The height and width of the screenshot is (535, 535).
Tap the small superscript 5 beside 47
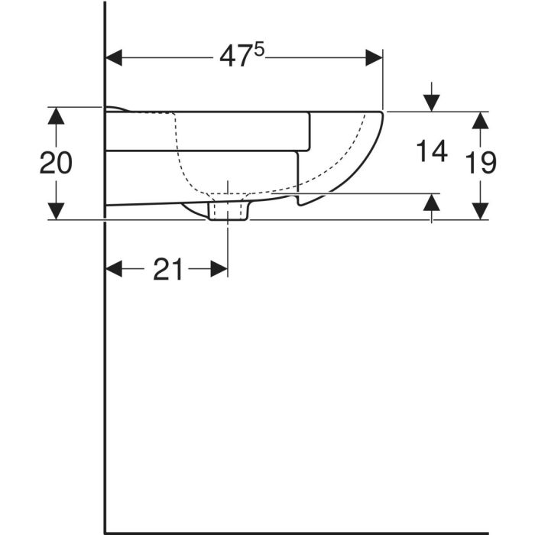pyautogui.click(x=259, y=50)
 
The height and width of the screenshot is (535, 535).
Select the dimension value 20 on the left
pyautogui.click(x=56, y=163)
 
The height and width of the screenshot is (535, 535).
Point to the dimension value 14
pyautogui.click(x=432, y=151)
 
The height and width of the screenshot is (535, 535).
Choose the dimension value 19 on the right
pyautogui.click(x=481, y=163)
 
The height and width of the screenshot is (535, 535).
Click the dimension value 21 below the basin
pyautogui.click(x=168, y=269)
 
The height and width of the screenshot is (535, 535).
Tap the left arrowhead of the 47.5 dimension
pyautogui.click(x=114, y=57)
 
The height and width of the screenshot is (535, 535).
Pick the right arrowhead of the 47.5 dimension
pyautogui.click(x=374, y=57)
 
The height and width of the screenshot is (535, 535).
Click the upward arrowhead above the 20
pyautogui.click(x=56, y=115)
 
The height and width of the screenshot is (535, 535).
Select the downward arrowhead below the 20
pyautogui.click(x=56, y=211)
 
